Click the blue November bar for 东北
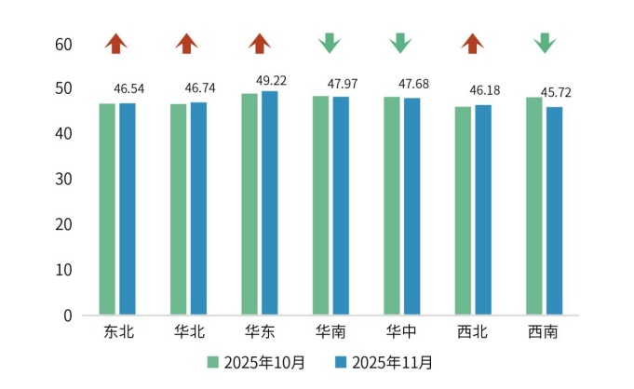click(128, 208)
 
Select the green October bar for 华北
click(179, 208)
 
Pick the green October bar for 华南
click(321, 205)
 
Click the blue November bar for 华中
click(411, 206)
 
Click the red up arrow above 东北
click(115, 43)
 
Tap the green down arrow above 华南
click(329, 43)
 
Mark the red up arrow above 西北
click(473, 43)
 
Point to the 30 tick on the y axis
click(63, 179)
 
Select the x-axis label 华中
click(401, 331)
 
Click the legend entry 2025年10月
click(256, 361)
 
